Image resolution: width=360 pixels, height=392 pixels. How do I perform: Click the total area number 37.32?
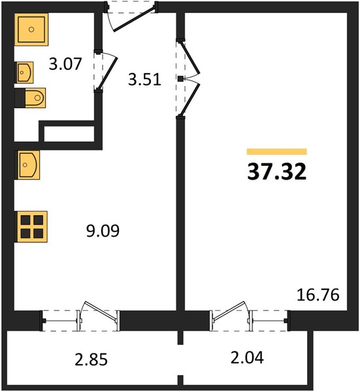[x=277, y=172]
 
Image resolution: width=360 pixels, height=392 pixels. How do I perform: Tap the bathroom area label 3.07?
[x=65, y=64]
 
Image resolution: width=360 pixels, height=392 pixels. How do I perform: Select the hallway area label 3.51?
[x=144, y=80]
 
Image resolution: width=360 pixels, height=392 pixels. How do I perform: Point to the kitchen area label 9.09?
[x=103, y=231]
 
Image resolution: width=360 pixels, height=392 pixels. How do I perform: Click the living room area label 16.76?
[x=318, y=295]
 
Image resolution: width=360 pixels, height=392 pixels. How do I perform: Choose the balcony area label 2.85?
[x=91, y=359]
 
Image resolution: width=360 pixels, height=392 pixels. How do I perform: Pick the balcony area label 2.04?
[x=247, y=357]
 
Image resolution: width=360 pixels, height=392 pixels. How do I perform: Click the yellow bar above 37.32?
[x=277, y=152]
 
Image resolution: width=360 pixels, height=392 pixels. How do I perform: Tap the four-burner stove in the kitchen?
[x=31, y=227]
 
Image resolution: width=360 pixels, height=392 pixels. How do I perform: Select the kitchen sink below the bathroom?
[x=27, y=165]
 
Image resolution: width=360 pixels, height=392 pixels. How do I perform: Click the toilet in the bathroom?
[x=30, y=98]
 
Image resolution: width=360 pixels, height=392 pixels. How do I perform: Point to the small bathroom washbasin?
[x=25, y=73]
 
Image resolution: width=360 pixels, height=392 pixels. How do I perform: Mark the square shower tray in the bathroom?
[x=31, y=29]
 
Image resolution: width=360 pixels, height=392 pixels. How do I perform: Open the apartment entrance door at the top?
[x=134, y=20]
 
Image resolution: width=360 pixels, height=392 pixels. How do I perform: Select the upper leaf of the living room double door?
[x=191, y=58]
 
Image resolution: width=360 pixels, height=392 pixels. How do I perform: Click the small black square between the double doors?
[x=180, y=79]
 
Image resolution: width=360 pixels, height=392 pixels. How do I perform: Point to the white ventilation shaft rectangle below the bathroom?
[x=69, y=134]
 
